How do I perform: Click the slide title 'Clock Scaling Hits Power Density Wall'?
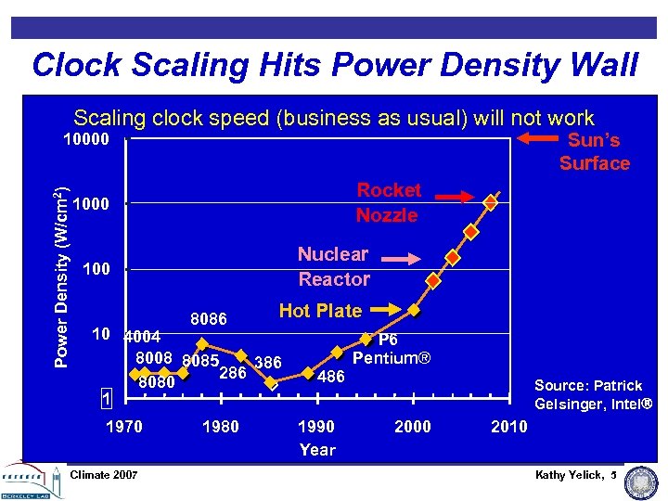334,65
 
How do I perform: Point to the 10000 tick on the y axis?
85,140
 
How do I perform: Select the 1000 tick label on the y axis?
91,204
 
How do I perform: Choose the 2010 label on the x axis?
508,427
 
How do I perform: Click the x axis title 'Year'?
317,450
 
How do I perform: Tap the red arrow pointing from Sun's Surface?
535,138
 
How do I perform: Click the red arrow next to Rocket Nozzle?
454,198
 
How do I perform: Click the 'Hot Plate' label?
320,311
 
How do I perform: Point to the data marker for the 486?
309,373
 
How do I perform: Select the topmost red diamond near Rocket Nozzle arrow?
492,199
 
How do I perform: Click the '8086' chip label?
209,319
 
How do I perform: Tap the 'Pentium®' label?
391,358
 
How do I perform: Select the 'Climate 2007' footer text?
104,475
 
